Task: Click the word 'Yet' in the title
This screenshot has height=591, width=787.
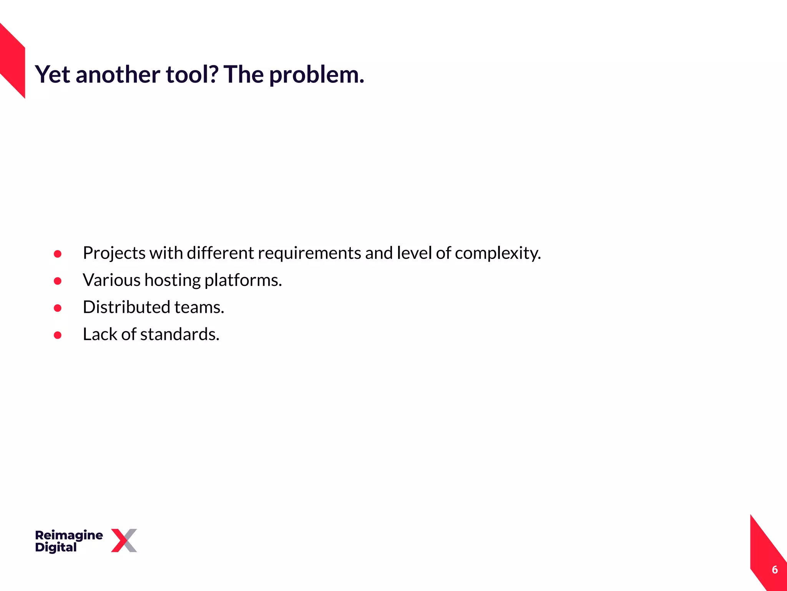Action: pyautogui.click(x=53, y=74)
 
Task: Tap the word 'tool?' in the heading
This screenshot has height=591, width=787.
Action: pyautogui.click(x=192, y=74)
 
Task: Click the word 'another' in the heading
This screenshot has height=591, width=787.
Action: pyautogui.click(x=118, y=74)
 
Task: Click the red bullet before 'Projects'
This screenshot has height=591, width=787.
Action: pyautogui.click(x=58, y=254)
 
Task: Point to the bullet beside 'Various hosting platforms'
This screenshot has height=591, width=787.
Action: pyautogui.click(x=58, y=281)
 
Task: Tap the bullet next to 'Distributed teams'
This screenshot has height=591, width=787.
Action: pyautogui.click(x=58, y=308)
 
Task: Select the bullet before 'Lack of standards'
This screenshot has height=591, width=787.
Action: pyautogui.click(x=58, y=335)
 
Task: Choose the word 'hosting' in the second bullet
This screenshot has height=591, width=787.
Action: pyautogui.click(x=173, y=280)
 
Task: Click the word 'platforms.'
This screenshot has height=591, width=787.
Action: pyautogui.click(x=243, y=280)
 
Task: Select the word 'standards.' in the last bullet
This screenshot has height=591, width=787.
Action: pyautogui.click(x=180, y=334)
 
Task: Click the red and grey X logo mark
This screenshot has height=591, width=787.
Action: pyautogui.click(x=124, y=541)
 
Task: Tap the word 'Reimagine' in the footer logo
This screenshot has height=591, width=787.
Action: pyautogui.click(x=69, y=535)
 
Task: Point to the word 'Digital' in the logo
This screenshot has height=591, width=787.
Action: pyautogui.click(x=56, y=548)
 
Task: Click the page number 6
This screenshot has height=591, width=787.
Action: pyautogui.click(x=775, y=570)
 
